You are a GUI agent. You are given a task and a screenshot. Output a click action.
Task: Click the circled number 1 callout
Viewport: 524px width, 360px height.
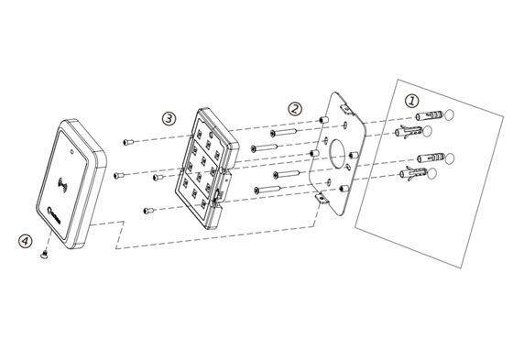tap(412, 98)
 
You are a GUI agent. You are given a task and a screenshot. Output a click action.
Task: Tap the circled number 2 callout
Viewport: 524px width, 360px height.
tap(295, 107)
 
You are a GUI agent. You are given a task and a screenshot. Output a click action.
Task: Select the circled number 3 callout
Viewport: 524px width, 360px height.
tap(168, 118)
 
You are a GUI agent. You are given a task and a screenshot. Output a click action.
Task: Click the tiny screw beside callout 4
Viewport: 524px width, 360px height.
tap(42, 258)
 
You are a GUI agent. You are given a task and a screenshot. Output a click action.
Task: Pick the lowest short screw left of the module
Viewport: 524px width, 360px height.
tap(147, 211)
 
